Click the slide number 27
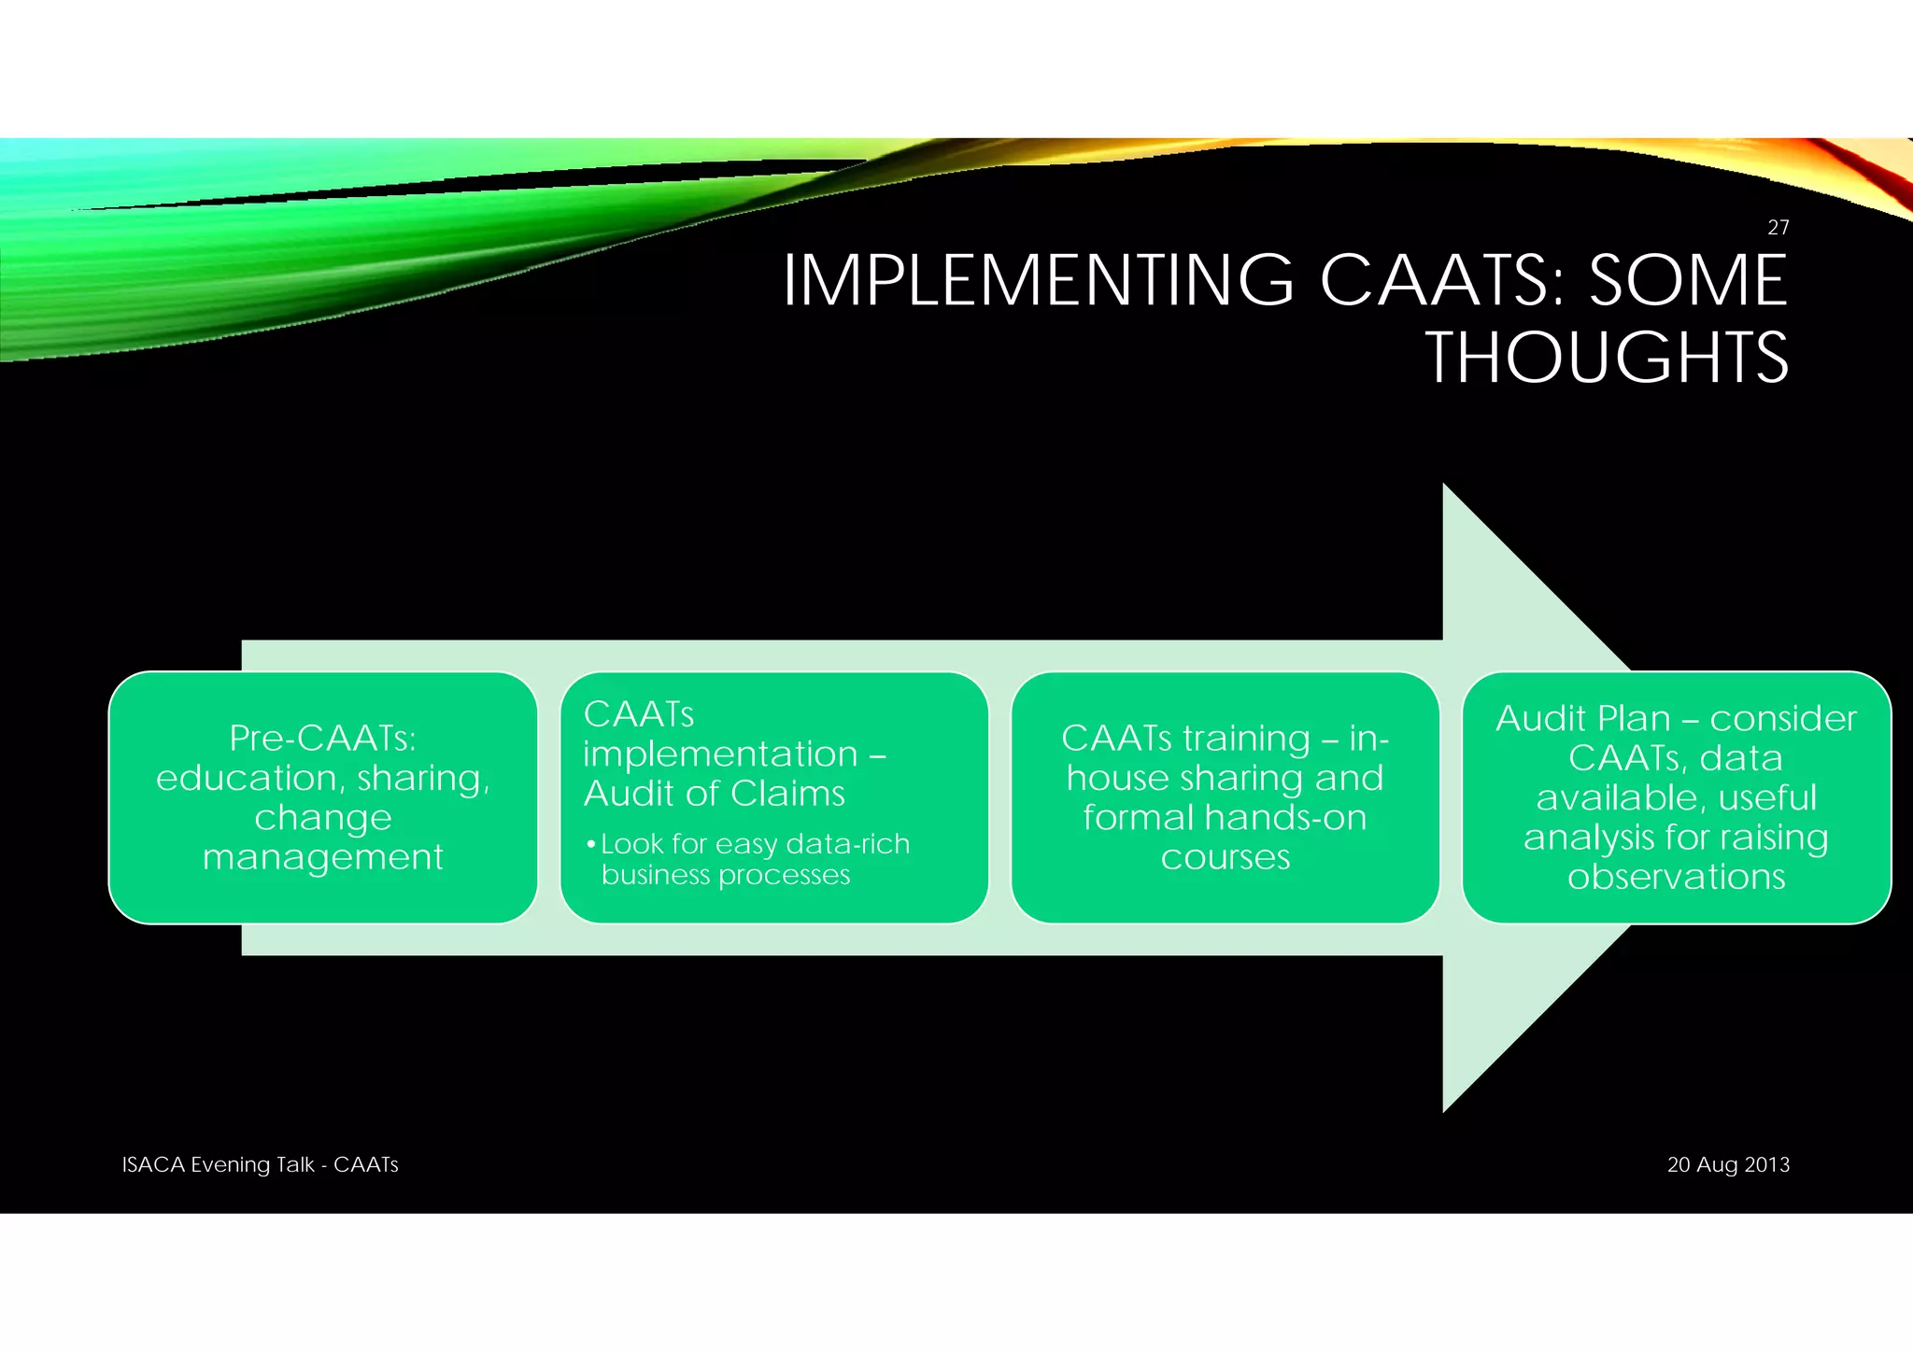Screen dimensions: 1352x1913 [1778, 227]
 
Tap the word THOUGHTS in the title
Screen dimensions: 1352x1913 [1606, 358]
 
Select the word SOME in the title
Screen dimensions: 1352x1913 [1688, 280]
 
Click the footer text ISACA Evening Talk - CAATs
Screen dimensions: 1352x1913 [260, 1164]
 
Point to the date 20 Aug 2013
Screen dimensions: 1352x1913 [1728, 1164]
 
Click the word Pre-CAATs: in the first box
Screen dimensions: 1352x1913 [322, 739]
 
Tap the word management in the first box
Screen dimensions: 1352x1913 [322, 856]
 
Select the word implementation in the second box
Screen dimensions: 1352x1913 [720, 754]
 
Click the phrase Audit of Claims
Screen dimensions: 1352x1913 [714, 794]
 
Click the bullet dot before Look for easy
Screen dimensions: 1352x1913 [590, 845]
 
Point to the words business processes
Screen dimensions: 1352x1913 [726, 875]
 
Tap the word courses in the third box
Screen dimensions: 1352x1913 [1225, 856]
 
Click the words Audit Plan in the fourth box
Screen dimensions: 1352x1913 [1582, 718]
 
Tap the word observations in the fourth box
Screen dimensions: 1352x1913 [1676, 877]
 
